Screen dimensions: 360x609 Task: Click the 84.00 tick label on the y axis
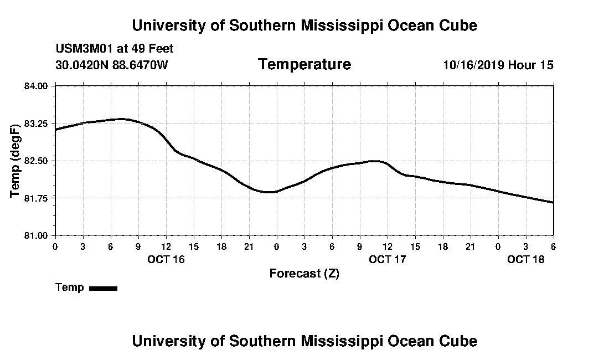point(37,86)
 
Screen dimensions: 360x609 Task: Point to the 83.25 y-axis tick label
point(37,124)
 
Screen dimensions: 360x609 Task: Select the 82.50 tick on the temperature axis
point(37,161)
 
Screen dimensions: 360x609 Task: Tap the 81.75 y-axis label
point(37,198)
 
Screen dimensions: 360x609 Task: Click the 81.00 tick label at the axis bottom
point(37,235)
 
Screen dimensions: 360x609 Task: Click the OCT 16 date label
point(166,259)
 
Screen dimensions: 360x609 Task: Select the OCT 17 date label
point(388,259)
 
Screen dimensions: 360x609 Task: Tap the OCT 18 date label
point(526,259)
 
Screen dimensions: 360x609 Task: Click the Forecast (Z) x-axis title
point(304,274)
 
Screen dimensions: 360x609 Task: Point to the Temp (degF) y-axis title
point(16,161)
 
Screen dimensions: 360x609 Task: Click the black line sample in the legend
point(103,288)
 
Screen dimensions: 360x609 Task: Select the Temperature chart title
point(304,64)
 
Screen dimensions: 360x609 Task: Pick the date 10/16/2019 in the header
point(474,65)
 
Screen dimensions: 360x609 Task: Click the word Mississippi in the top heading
point(323,25)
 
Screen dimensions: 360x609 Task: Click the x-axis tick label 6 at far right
point(553,246)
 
